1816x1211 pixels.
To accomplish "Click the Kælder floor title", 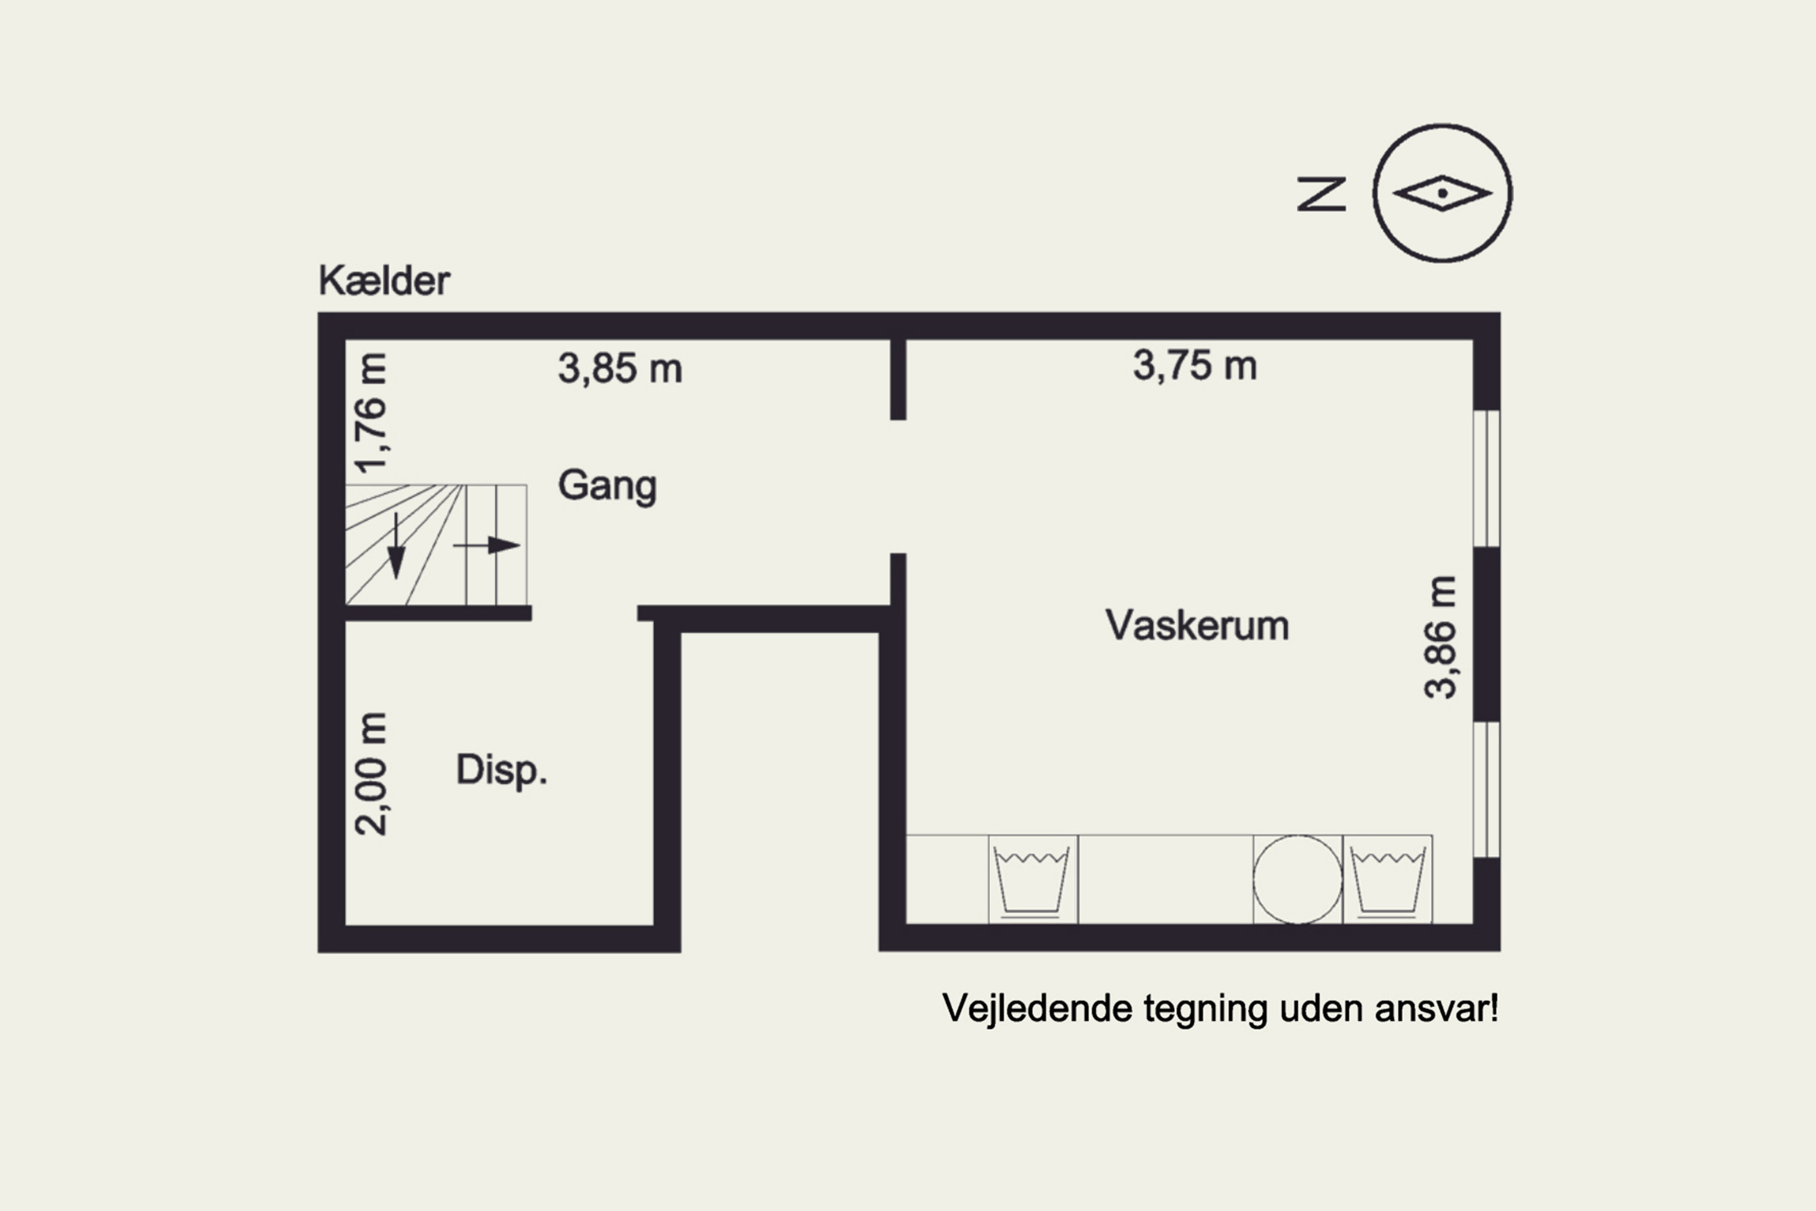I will pos(384,280).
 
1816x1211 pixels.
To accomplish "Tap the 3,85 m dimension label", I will pos(620,368).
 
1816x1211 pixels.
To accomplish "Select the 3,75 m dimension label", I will pos(1194,365).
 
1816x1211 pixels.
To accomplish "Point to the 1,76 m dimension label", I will pos(370,412).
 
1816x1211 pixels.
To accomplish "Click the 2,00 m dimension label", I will pos(370,774).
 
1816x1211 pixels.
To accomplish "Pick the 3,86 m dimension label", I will pos(1440,637).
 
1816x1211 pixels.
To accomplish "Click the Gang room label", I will pos(607,486).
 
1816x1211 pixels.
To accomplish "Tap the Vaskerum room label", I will pos(1197,625).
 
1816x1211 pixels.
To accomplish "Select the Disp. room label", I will pos(501,770).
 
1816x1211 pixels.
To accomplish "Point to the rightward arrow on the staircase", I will pos(488,546).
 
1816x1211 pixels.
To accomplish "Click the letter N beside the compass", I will pos(1321,194).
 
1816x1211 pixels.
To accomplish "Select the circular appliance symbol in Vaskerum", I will pos(1297,880).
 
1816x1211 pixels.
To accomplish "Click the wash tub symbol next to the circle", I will pos(1387,880).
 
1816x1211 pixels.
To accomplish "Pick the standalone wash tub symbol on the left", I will pos(1032,880).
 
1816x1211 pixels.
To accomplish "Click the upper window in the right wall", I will pos(1486,479).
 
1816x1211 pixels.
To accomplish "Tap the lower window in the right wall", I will pos(1486,790).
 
